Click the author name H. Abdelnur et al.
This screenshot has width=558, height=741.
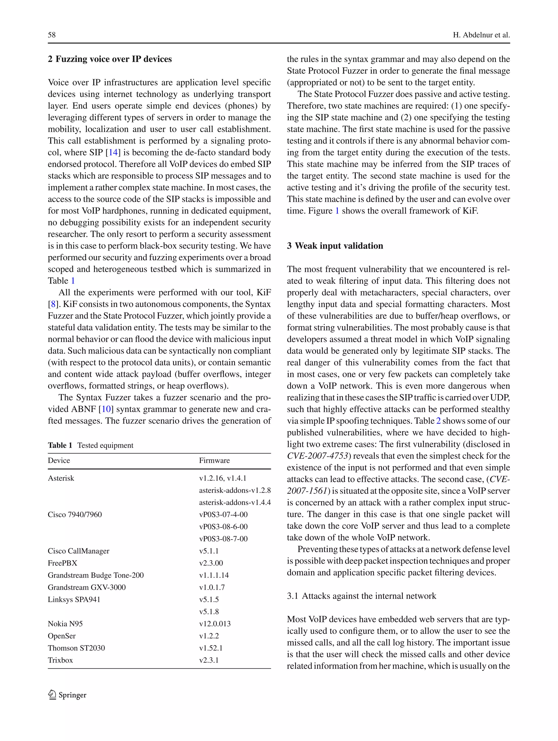pos(481,35)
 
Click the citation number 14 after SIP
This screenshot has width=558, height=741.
pos(113,153)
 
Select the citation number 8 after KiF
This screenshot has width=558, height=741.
pos(53,304)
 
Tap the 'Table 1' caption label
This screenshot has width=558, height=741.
pos(60,445)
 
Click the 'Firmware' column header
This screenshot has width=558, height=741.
pos(214,460)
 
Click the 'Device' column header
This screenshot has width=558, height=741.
pos(59,460)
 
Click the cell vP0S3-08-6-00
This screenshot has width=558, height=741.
pos(223,527)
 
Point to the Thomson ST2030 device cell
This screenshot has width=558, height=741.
pos(76,648)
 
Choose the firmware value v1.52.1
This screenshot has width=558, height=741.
pos(211,648)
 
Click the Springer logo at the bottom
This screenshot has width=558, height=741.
pos(67,695)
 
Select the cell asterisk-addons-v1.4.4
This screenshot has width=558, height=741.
pos(235,502)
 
